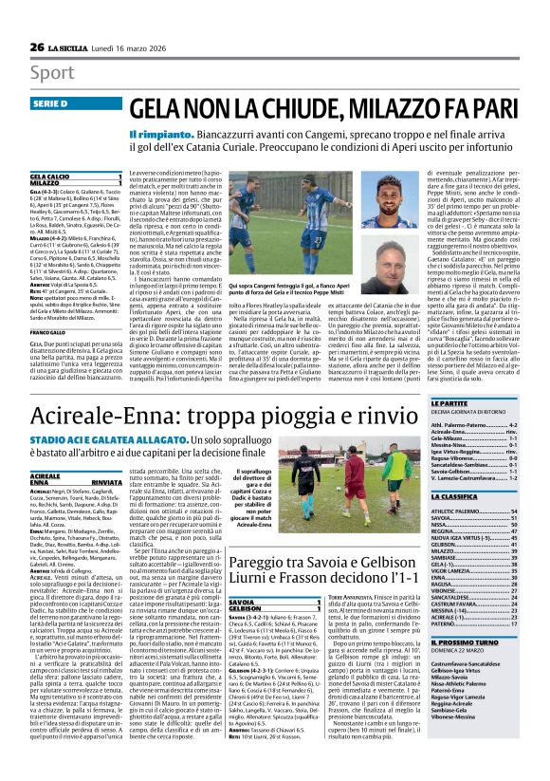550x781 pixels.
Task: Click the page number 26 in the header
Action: tap(36, 47)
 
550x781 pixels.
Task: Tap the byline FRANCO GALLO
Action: tap(54, 331)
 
